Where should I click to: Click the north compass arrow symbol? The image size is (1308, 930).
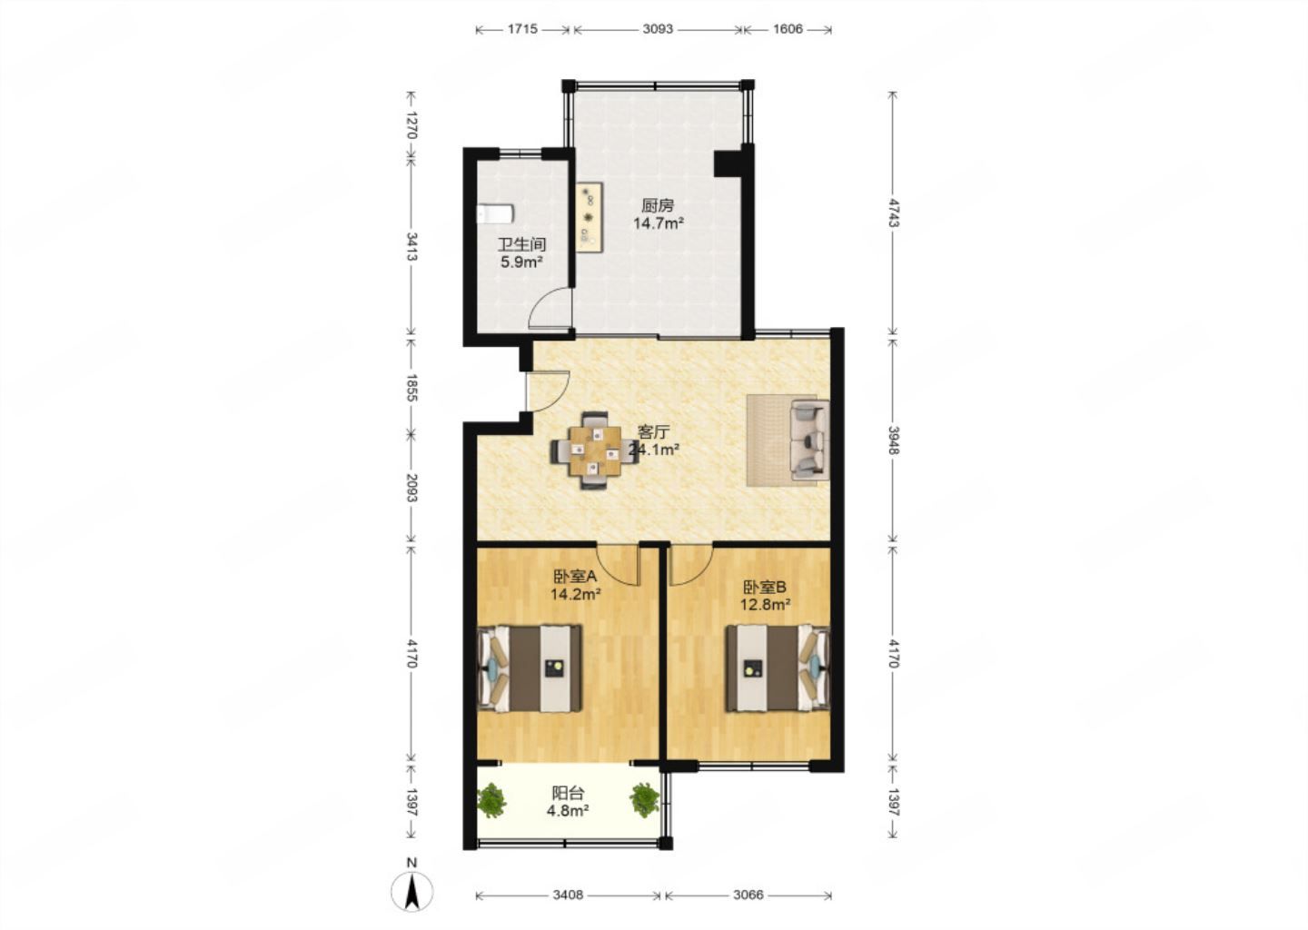[x=412, y=893]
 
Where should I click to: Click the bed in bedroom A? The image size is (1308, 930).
[x=530, y=669]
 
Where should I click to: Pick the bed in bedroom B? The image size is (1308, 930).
[x=778, y=668]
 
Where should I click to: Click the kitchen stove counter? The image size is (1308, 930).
[x=590, y=216]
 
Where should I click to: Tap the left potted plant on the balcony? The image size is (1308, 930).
[x=491, y=800]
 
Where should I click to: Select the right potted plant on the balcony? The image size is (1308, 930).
[x=645, y=800]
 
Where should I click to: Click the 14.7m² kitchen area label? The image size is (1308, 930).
[x=659, y=223]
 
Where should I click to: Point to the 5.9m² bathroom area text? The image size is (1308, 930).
[x=522, y=262]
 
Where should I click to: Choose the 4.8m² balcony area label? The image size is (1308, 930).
[x=568, y=810]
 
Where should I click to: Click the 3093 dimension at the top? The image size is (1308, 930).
[x=658, y=28]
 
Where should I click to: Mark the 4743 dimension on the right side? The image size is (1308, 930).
[x=894, y=213]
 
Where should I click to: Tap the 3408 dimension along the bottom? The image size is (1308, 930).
[x=568, y=895]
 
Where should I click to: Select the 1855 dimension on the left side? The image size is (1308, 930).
[x=411, y=388]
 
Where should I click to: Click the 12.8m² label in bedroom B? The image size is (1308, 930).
[x=766, y=605]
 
